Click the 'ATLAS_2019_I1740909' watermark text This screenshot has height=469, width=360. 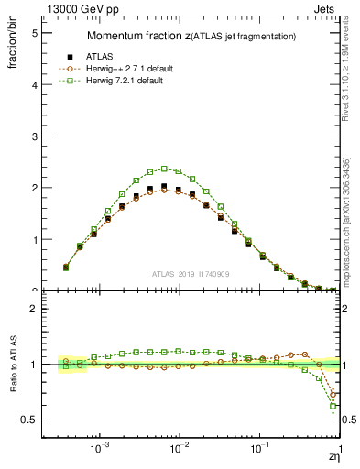(x=191, y=274)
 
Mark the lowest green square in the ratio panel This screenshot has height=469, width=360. (x=333, y=406)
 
